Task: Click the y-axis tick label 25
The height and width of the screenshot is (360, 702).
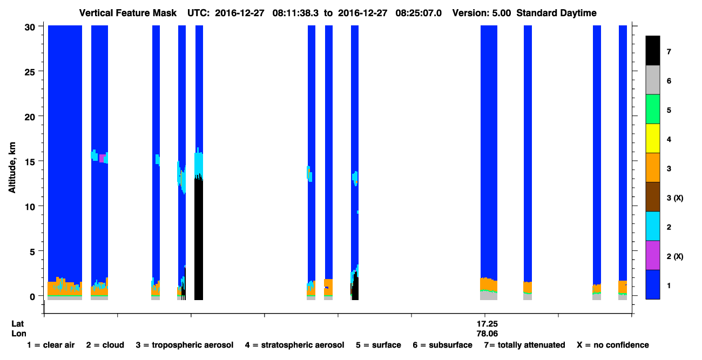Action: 30,72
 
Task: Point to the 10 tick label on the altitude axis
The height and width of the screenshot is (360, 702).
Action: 30,207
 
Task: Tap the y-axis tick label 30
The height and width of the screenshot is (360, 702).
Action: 30,28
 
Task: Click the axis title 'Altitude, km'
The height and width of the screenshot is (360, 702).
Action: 12,167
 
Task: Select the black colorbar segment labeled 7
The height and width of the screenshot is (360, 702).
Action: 653,50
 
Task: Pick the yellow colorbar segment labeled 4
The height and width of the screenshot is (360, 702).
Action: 653,139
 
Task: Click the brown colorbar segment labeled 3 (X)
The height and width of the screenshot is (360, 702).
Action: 653,197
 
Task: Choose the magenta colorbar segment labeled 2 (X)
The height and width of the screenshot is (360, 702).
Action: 653,255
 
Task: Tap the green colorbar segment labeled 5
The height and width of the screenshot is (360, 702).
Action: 653,109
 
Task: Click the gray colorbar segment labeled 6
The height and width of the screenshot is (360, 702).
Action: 653,80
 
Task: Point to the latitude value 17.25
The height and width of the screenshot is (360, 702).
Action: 487,324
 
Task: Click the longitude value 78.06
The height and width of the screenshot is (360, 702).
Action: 487,334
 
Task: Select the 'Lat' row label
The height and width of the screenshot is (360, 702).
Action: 17,324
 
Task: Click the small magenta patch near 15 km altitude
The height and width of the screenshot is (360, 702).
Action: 102,158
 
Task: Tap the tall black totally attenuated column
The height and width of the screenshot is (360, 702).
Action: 199,238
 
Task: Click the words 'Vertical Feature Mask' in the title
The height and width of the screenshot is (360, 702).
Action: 128,13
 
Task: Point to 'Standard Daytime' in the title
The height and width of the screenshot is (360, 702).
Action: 556,13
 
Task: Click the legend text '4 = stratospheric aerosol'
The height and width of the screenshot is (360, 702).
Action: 295,345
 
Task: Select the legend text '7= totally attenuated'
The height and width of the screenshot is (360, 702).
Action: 525,345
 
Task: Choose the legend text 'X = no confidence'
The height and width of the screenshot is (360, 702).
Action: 613,345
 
